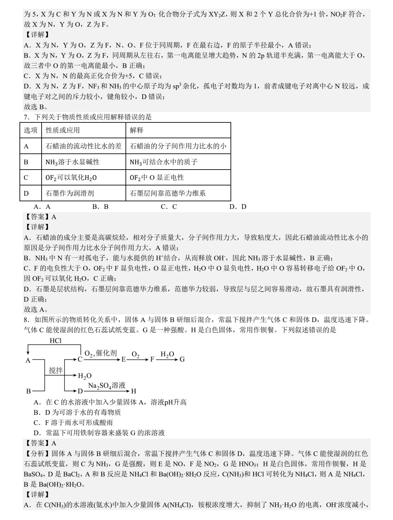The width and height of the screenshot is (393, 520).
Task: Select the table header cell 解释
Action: point(136,130)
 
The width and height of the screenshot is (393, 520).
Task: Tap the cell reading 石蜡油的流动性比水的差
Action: point(84,146)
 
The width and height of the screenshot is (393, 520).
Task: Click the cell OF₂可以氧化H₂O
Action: point(71,178)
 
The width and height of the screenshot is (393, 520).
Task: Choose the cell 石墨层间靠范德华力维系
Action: point(168,193)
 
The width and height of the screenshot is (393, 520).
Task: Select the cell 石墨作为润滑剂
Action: point(70,193)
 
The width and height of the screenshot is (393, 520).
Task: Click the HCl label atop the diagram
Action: point(55,341)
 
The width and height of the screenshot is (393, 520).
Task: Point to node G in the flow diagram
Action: point(182,359)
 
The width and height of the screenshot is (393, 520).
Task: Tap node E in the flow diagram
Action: point(124,359)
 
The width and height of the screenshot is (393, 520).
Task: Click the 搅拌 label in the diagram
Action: point(55,371)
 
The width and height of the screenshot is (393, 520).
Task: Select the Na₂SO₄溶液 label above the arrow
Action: point(106,385)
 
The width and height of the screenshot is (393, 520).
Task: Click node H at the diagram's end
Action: point(133,391)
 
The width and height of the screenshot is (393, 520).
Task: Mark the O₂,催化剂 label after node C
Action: point(101,353)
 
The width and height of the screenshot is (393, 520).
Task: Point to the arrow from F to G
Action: point(167,359)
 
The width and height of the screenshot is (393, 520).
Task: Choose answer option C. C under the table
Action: point(169,207)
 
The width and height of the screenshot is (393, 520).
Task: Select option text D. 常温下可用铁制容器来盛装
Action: point(99,433)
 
